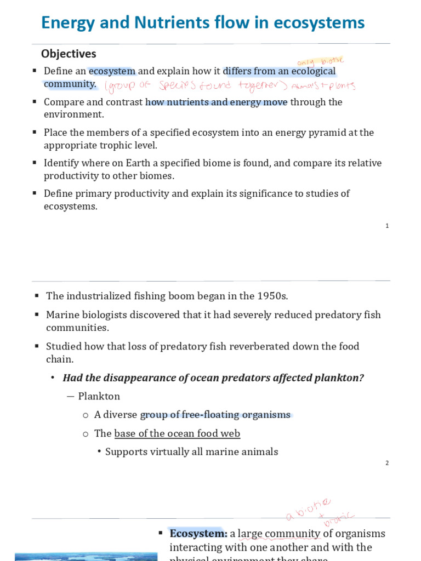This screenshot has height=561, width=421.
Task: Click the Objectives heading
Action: tap(69, 54)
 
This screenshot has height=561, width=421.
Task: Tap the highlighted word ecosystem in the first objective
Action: tap(112, 71)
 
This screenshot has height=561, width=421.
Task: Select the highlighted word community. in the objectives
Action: tap(70, 84)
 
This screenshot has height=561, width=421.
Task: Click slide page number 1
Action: tap(387, 226)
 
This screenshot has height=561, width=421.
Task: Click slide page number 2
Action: tap(387, 463)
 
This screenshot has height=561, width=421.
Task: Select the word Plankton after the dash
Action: tap(99, 396)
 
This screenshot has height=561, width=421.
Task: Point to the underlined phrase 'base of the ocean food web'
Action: tap(177, 433)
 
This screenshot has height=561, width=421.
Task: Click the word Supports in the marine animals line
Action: tap(126, 452)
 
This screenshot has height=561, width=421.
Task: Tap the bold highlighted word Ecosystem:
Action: tap(198, 534)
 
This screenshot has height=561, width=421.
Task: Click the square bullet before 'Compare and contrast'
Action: tap(35, 102)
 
